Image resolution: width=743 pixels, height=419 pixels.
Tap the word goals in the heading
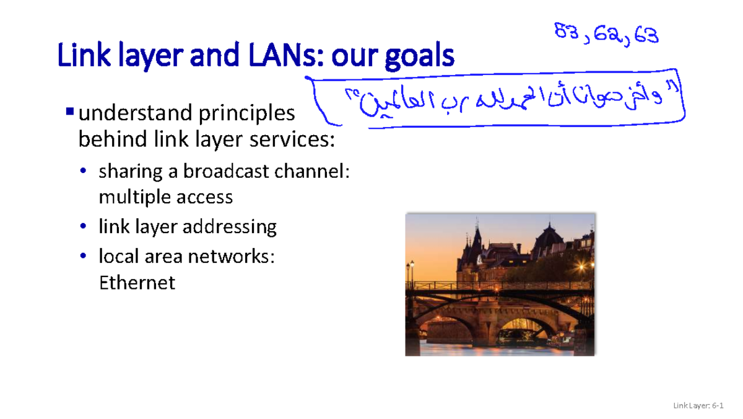[419, 57]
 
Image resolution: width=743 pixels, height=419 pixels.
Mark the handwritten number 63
[646, 35]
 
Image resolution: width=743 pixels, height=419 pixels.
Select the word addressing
[235, 226]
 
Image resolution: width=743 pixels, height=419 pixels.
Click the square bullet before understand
[69, 112]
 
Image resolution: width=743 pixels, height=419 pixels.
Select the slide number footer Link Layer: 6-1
[698, 406]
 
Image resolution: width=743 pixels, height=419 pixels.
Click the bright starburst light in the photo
[581, 265]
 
